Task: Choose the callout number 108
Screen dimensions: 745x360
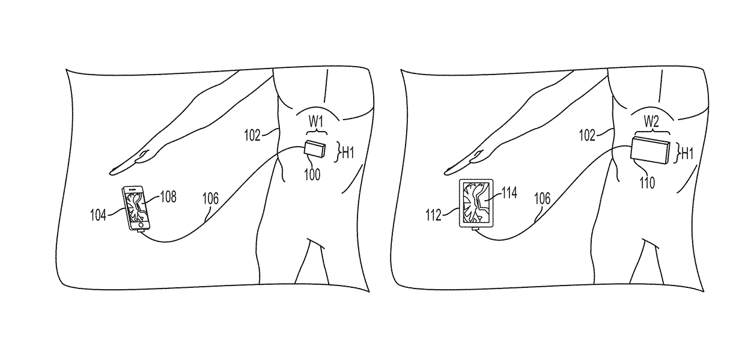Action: coord(168,196)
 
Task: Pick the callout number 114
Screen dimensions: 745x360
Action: coord(509,194)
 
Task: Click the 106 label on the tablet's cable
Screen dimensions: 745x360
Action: coord(544,197)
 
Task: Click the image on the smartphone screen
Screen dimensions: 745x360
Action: coord(136,207)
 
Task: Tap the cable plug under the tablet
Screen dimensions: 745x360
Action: coord(475,229)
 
